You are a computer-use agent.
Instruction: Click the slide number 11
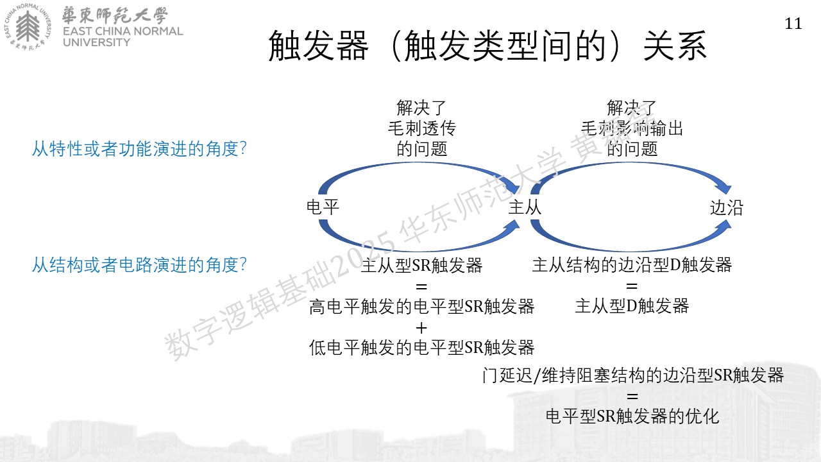793,24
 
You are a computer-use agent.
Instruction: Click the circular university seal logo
28,27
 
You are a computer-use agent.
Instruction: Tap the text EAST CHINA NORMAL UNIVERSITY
123,37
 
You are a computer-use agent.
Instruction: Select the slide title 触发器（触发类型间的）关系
487,46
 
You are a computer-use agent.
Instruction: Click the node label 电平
323,207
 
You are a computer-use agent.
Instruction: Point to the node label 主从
525,207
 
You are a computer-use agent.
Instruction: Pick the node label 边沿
727,208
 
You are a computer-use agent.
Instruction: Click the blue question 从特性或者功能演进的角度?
139,149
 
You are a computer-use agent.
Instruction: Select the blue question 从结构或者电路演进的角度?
139,265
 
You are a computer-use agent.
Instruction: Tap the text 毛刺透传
422,128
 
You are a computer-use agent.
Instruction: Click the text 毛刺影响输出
632,128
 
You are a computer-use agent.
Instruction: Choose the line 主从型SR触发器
421,265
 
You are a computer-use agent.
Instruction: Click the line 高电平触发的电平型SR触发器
421,307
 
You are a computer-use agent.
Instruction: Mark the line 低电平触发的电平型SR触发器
421,348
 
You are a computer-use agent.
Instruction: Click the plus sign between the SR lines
421,328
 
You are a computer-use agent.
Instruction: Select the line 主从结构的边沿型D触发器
632,265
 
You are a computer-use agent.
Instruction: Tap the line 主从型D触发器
632,306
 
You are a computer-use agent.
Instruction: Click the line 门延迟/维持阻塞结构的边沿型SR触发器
633,375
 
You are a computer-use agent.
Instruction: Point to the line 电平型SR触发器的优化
632,416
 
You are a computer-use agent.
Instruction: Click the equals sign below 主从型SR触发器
421,286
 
